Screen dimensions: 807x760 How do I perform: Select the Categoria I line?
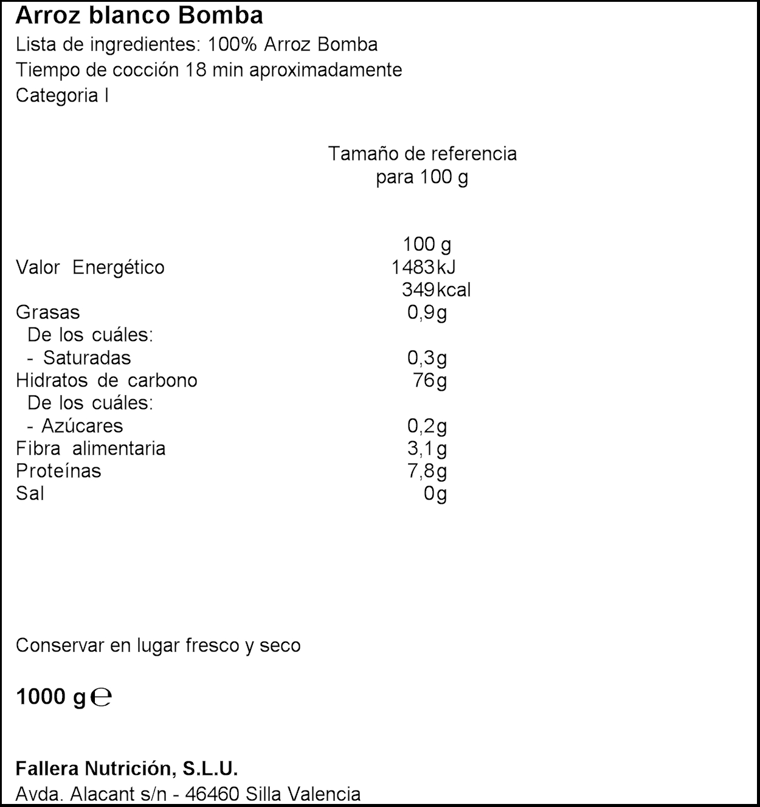[62, 95]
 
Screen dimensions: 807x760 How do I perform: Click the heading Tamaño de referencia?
[422, 153]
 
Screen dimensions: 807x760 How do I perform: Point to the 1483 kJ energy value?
[423, 267]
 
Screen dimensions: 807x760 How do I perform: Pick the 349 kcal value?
[436, 289]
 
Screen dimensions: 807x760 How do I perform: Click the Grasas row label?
[47, 312]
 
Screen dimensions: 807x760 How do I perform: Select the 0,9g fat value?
[427, 312]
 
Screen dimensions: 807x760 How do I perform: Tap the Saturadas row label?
[86, 357]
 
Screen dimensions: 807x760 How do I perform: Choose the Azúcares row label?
[82, 425]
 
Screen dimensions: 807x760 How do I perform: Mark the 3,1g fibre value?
[427, 448]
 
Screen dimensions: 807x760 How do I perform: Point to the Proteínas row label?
[58, 471]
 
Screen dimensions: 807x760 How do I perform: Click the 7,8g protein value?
[427, 471]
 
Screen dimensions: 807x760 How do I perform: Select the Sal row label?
[30, 493]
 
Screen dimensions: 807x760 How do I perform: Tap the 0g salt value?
[435, 493]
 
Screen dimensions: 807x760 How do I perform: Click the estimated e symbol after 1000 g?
[101, 697]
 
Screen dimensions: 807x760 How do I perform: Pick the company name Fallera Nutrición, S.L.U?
[126, 769]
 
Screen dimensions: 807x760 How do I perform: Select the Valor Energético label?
[90, 267]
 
